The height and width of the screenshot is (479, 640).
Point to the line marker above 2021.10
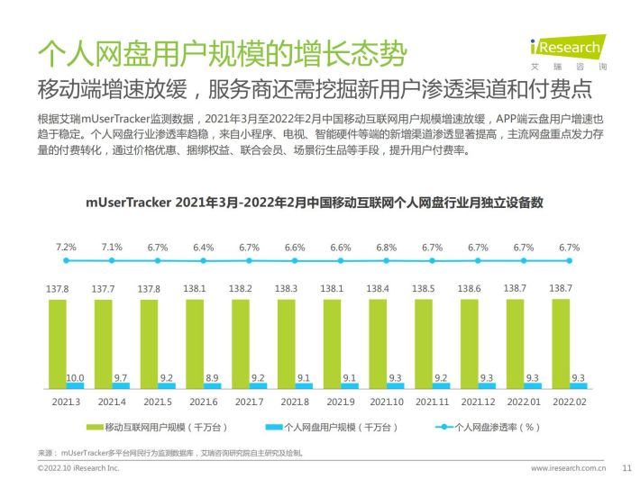387,260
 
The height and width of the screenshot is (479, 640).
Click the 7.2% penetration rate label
66,246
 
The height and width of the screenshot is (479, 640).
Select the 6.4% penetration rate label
203,246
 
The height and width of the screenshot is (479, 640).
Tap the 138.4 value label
379,288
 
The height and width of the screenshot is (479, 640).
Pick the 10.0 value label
76,377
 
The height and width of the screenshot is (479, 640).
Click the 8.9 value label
212,377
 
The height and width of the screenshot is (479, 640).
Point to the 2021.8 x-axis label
295,401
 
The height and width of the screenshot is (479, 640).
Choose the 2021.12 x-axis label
478,401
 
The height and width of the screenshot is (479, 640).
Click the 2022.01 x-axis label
524,401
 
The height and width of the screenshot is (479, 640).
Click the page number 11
627,468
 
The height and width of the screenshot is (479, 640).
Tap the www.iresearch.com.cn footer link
567,468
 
